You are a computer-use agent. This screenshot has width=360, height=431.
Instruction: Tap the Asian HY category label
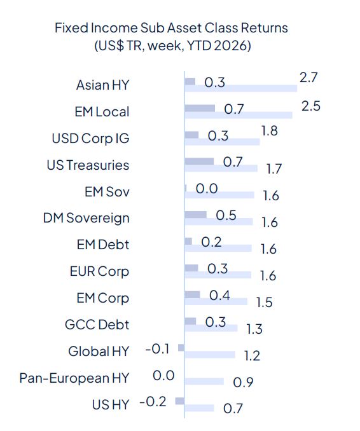102,85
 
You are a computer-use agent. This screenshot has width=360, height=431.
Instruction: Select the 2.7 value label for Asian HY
308,78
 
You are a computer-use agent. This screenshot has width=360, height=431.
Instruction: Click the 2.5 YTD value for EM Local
310,105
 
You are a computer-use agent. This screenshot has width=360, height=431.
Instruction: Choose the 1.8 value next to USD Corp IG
269,131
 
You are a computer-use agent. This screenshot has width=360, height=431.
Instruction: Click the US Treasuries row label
88,165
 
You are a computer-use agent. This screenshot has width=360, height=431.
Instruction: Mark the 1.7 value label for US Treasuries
273,169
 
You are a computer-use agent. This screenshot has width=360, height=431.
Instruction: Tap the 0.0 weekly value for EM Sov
207,189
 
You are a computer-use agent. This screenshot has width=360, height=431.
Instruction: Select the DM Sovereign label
87,218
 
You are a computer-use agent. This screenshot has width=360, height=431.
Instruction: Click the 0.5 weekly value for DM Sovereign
226,215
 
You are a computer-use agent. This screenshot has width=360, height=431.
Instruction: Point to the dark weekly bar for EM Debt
188,242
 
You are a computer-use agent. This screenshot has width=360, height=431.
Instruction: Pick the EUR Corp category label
99,271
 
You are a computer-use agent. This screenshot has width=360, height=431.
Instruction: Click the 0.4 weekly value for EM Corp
219,295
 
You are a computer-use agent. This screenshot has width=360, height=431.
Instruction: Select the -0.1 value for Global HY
156,348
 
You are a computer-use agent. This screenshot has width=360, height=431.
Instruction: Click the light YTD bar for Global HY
209,355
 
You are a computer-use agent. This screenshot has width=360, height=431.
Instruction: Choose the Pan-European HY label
74,378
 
